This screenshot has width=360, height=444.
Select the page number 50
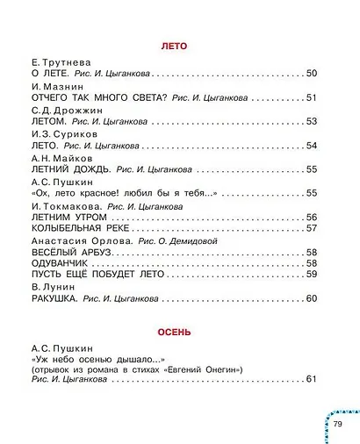[x=310, y=74]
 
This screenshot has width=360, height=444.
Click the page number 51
[x=310, y=97]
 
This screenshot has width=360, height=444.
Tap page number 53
[x=310, y=121]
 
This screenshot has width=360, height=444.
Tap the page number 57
[x=310, y=228]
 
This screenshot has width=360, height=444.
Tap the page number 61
[x=310, y=378]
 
